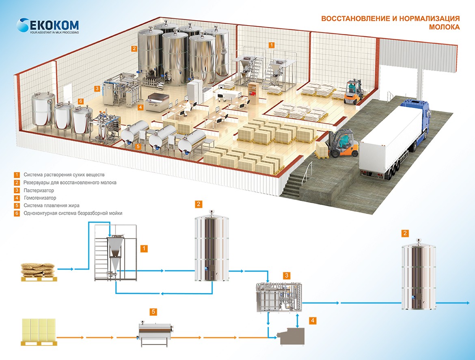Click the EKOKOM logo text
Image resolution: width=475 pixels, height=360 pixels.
[52, 24]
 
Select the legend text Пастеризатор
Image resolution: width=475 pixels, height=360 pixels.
[39, 190]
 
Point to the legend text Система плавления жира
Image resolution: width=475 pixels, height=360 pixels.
[51, 205]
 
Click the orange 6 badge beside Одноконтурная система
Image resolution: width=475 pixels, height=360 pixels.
[17, 213]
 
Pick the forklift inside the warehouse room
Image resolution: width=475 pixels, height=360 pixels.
[353, 92]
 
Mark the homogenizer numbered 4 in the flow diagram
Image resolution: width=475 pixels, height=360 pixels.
[291, 336]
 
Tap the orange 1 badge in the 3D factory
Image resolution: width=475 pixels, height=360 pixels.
[272, 45]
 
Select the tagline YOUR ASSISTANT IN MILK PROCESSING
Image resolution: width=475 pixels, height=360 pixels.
[52, 32]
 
